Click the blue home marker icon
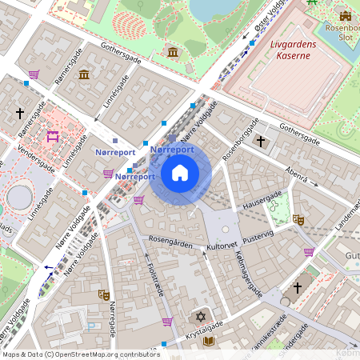tap(180, 173)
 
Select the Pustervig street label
tap(259, 237)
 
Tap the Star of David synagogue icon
tap(201, 318)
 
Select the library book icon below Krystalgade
tap(209, 341)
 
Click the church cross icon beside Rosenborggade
tap(260, 142)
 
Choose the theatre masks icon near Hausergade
tap(298, 219)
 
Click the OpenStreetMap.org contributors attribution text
tap(104, 354)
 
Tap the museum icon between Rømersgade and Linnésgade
tap(84, 75)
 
